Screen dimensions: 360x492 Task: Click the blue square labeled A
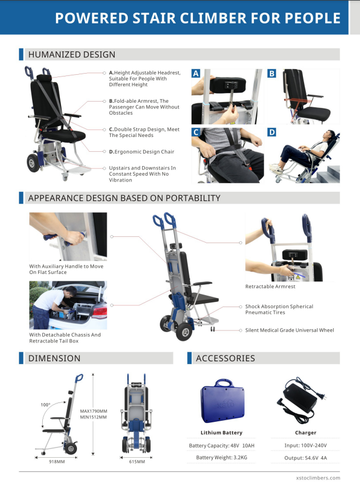click(196, 74)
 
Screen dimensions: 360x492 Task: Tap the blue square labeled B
click(272, 74)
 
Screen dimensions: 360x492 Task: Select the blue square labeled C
click(196, 132)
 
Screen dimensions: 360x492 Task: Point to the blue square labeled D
click(272, 132)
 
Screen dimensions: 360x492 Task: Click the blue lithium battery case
click(223, 401)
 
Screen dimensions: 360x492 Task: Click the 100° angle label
click(46, 405)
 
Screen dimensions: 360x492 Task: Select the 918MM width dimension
click(56, 462)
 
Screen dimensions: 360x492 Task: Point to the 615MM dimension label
click(137, 462)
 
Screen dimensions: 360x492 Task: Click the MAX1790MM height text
click(94, 411)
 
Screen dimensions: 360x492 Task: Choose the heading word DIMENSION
click(54, 358)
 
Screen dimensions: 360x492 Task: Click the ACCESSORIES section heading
click(225, 358)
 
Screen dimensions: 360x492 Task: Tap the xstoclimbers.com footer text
click(318, 478)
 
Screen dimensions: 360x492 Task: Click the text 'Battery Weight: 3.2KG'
click(222, 458)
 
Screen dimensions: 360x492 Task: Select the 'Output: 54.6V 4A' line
click(305, 458)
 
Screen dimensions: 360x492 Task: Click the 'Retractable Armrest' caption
click(270, 287)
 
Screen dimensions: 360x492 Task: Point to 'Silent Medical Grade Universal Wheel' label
click(289, 330)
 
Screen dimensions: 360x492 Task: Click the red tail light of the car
click(99, 312)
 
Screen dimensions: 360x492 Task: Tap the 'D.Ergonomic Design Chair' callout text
click(141, 152)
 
